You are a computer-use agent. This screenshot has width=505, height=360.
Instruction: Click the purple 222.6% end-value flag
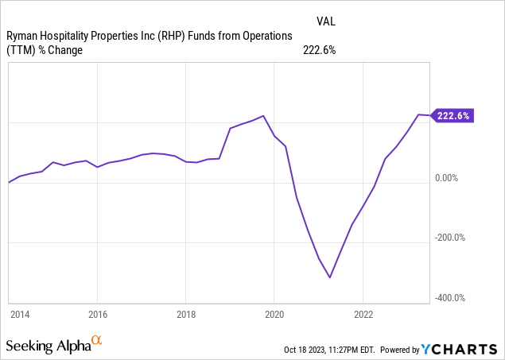pyautogui.click(x=453, y=115)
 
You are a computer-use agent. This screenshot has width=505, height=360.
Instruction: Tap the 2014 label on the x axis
pyautogui.click(x=20, y=315)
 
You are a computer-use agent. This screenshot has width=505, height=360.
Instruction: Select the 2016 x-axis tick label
pyautogui.click(x=98, y=315)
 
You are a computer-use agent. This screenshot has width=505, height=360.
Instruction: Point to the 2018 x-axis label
pyautogui.click(x=186, y=315)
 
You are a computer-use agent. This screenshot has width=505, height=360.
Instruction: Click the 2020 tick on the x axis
pyautogui.click(x=274, y=315)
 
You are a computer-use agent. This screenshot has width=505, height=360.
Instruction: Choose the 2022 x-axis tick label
pyautogui.click(x=363, y=315)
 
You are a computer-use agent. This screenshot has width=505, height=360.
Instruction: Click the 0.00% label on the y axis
pyautogui.click(x=446, y=178)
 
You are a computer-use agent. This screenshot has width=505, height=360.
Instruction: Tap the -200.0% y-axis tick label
pyautogui.click(x=450, y=238)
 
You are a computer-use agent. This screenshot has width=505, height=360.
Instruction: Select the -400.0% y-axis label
pyautogui.click(x=450, y=298)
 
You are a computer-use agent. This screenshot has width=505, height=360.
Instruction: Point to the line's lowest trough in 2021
pyautogui.click(x=330, y=277)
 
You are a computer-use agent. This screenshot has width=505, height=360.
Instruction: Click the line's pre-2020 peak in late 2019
pyautogui.click(x=263, y=116)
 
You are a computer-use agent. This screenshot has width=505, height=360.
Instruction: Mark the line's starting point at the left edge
pyautogui.click(x=9, y=183)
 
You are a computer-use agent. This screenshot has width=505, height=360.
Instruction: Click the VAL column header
pyautogui.click(x=326, y=21)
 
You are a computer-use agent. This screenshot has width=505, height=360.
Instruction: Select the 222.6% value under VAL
pyautogui.click(x=320, y=50)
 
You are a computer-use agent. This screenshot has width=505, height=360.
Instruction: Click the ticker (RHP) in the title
pyautogui.click(x=171, y=36)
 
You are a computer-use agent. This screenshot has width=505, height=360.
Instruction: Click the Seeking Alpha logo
pyautogui.click(x=54, y=345)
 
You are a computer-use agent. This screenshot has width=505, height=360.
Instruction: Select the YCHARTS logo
pyautogui.click(x=459, y=349)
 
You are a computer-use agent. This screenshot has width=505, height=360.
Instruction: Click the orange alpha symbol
pyautogui.click(x=96, y=339)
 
